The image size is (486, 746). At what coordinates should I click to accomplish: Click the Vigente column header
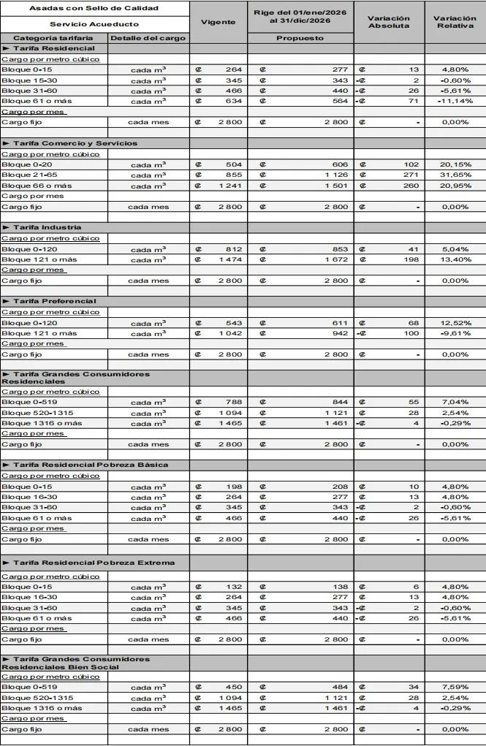218,22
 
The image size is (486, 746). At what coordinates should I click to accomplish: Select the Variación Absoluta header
388,22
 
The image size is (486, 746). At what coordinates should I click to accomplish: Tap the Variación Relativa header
455,22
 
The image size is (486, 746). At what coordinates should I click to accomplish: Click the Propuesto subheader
300,38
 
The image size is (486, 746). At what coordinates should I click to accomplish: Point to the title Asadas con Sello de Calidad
94,8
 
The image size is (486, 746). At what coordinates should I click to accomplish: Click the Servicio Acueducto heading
94,24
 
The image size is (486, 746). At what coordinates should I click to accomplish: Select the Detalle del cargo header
148,38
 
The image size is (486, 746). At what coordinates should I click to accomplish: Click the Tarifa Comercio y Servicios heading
69,143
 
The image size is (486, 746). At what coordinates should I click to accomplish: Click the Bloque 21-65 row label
26,175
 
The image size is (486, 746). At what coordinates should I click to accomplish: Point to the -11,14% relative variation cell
455,101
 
